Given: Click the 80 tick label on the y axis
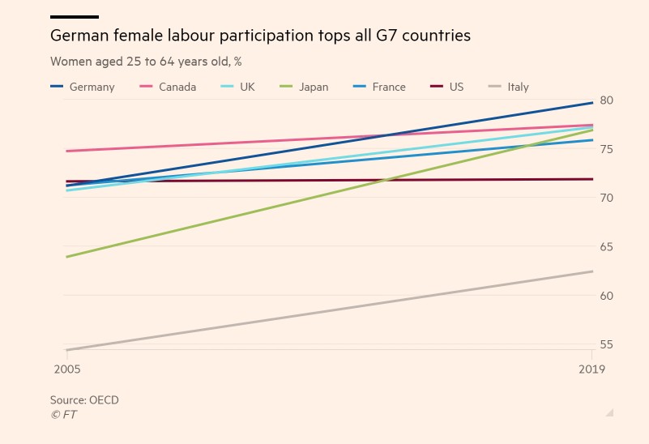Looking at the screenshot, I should tap(607, 100).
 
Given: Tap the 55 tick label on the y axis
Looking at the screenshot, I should tap(607, 345).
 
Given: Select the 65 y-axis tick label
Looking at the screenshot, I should tap(607, 247).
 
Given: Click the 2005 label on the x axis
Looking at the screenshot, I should tap(66, 369).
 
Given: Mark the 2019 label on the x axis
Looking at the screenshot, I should tap(592, 369).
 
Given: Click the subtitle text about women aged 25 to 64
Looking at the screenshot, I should tap(146, 62).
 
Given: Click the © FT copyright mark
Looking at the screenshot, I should tap(63, 415).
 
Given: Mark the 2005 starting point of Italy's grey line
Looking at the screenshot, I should tap(66, 350).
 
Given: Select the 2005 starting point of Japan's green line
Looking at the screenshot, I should tap(66, 257).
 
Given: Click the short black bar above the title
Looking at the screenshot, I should tap(74, 16).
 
